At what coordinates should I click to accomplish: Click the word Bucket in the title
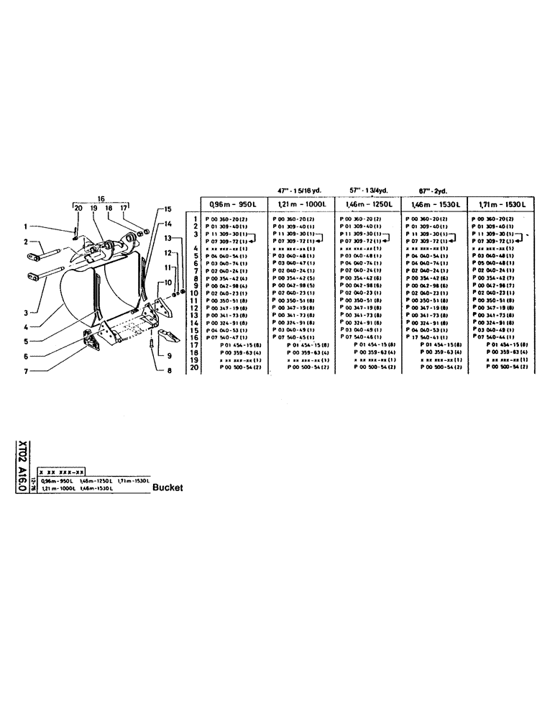point(168,487)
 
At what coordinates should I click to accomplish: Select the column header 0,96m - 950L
point(229,203)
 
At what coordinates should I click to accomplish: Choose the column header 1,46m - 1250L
point(364,203)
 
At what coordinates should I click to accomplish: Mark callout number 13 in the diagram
point(167,237)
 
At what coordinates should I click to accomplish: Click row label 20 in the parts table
point(192,367)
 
